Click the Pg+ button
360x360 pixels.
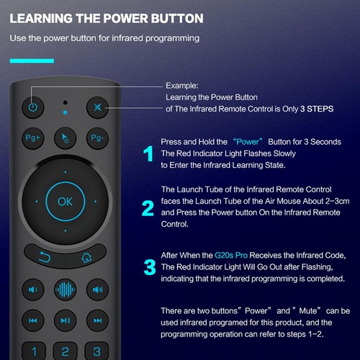(x=33, y=137)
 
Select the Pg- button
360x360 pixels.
(x=97, y=137)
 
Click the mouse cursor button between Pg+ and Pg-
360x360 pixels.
(x=66, y=137)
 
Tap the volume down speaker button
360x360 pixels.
(x=33, y=291)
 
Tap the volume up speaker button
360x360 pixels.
(x=97, y=291)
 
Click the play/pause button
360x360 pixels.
(x=66, y=321)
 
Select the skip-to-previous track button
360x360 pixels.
(x=33, y=321)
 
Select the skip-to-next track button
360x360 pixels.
(x=97, y=321)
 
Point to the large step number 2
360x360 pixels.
(x=148, y=209)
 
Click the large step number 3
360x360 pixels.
(x=149, y=267)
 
